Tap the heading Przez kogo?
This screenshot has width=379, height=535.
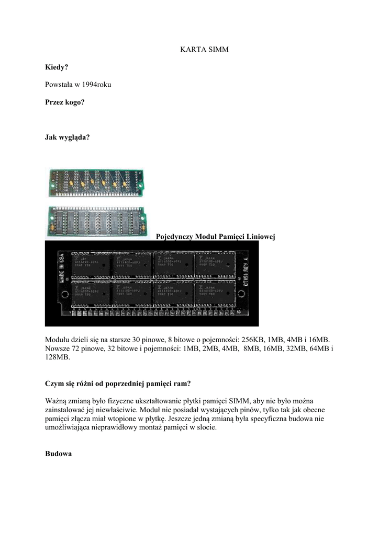pyautogui.click(x=65, y=102)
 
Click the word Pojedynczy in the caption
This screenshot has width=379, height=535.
pyautogui.click(x=175, y=237)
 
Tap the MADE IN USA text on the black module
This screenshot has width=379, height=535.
pyautogui.click(x=61, y=269)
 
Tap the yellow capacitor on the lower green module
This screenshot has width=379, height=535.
pyautogui.click(x=52, y=228)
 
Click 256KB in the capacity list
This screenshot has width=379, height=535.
pyautogui.click(x=256, y=340)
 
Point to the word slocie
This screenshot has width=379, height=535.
pyautogui.click(x=206, y=427)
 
